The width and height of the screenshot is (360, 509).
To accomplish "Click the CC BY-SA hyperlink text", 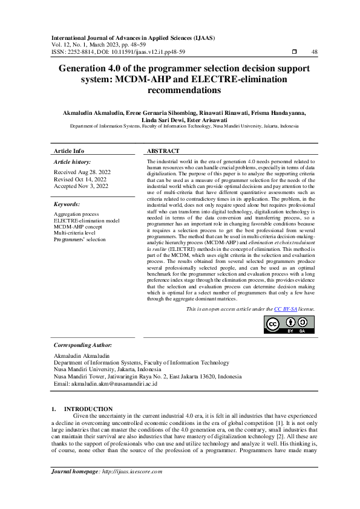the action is pos(285,309).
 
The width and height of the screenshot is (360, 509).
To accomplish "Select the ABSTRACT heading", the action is pos(163,151).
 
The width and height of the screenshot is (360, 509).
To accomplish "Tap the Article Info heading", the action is pos(69,151).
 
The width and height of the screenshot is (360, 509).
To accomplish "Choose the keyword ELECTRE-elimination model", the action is pos(87,221).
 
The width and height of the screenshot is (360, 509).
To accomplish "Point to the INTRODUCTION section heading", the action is pos(88,409).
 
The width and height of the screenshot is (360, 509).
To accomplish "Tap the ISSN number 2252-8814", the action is pos(83,52).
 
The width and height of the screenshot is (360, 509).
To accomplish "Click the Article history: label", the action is pos(73,162).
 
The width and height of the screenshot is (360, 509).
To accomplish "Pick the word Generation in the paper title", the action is pos(85,69).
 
